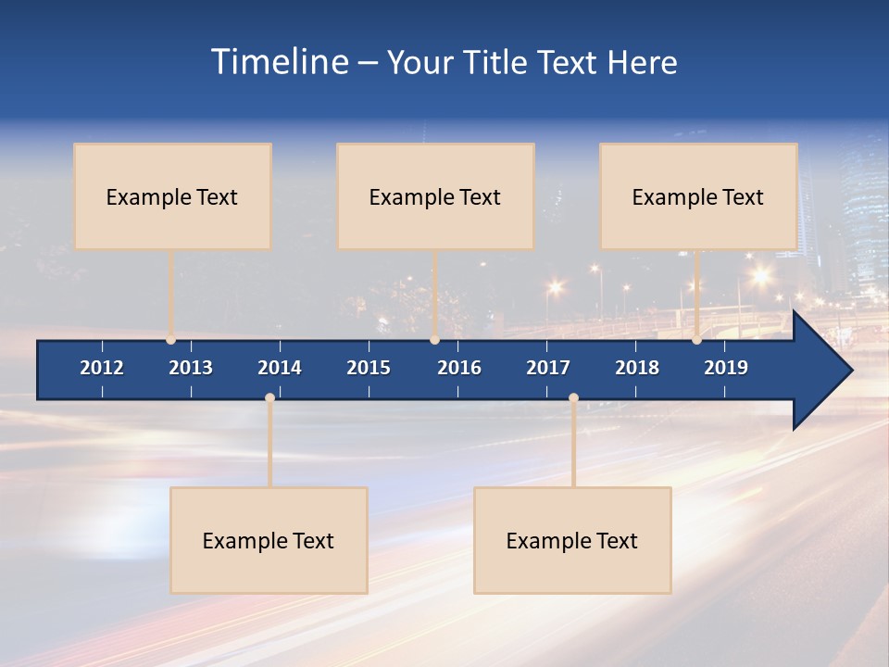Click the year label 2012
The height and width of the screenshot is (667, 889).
pos(102,368)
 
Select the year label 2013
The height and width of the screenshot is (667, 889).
pos(191,368)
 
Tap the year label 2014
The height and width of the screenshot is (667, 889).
pos(280,368)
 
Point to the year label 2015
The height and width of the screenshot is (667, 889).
pos(369,368)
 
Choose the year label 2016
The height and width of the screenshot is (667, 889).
pos(459,368)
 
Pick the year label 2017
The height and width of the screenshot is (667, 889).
pos(548,368)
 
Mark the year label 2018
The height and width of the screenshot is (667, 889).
pos(637,368)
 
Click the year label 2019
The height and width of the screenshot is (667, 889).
pos(726,368)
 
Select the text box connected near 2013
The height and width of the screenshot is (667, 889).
pos(172,196)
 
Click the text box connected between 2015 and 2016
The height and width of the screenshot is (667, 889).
pos(435,196)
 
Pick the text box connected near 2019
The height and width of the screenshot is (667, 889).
pos(698,196)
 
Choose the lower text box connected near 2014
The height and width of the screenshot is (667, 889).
pos(269,540)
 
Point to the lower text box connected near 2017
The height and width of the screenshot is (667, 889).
pos(572,540)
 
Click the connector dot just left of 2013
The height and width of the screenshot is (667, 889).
pos(170,340)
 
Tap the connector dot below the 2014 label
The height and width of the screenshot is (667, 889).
pos(269,397)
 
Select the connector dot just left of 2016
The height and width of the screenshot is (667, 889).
pos(434,340)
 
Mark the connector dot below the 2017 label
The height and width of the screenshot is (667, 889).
pos(573,397)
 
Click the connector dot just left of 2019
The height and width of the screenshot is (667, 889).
pos(696,340)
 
